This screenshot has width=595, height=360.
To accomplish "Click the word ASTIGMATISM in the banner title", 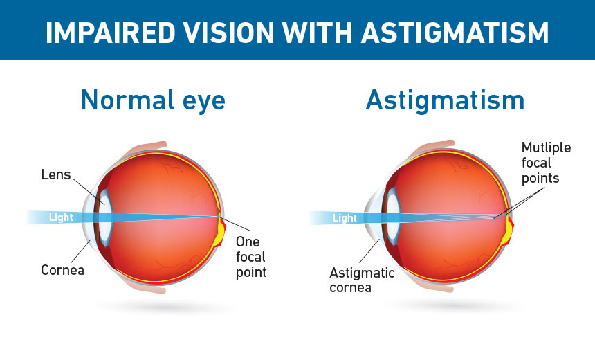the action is coord(455,33).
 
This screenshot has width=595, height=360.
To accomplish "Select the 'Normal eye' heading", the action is coord(154,100).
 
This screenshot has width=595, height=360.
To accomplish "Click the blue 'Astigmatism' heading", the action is coord(445,100).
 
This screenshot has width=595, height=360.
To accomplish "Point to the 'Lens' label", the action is coord(56,174).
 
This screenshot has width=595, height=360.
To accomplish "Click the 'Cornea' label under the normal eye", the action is coord(62,270).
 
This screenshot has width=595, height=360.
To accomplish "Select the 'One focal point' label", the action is coord(251,257).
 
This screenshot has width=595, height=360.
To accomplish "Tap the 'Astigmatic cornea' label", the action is coord(362,280).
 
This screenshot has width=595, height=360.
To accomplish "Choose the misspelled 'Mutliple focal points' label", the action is coord(546,163).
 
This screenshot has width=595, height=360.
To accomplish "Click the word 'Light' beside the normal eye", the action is coord(61,217).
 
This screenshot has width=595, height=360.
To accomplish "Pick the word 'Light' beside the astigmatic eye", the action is coord(345,218).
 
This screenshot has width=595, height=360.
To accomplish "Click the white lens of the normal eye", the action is coord(106,217).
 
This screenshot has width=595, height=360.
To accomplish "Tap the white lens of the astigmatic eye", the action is coord(394,217).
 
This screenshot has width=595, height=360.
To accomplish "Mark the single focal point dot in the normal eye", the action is coord(218,217).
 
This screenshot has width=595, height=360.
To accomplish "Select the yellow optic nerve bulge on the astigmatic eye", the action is coord(509,233).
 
